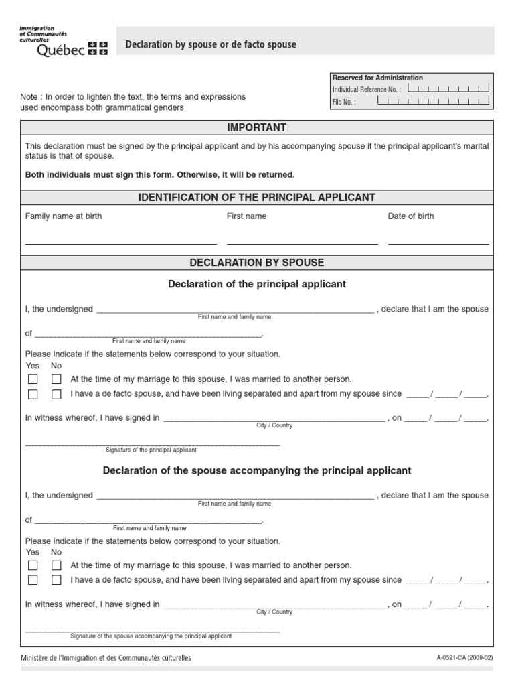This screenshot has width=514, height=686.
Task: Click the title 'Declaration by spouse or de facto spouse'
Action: tap(211, 44)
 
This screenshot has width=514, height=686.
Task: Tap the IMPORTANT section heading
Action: tap(256, 127)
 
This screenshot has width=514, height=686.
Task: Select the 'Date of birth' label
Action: tap(411, 216)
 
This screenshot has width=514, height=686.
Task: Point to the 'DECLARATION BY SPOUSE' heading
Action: tap(256, 263)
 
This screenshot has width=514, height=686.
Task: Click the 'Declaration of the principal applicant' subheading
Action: tap(256, 284)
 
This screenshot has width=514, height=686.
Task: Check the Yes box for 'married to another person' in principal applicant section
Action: tap(33, 379)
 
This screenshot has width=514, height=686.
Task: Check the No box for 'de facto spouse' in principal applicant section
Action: tap(56, 395)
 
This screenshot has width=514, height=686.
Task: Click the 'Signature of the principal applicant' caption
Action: tap(151, 450)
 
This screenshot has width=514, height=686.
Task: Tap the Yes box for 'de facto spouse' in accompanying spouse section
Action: tap(33, 580)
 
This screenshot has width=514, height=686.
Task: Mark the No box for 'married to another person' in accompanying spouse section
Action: tap(56, 565)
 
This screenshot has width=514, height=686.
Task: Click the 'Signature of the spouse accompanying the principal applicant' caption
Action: tap(151, 636)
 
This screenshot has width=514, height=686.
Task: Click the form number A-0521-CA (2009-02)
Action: tap(464, 658)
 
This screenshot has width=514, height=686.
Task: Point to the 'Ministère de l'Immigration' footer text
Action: tap(106, 658)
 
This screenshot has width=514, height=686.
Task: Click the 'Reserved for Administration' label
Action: tap(377, 78)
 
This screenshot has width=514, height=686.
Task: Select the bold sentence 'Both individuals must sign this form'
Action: tap(159, 174)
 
